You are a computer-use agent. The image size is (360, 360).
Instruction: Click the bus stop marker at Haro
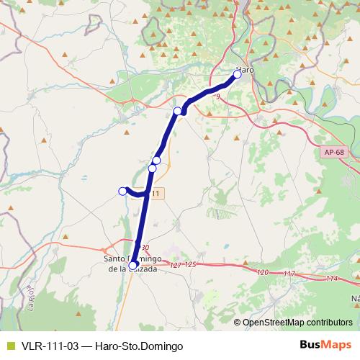(x=238, y=73)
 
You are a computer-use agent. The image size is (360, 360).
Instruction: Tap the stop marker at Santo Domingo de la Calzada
(x=133, y=265)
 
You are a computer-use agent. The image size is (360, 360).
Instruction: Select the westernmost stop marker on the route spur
(x=122, y=190)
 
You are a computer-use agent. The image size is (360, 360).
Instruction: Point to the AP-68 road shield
(x=333, y=151)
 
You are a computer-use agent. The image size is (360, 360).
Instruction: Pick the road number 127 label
(x=176, y=265)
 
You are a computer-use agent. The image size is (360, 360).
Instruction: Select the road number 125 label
(x=189, y=266)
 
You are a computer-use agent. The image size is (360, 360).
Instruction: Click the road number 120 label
(x=262, y=272)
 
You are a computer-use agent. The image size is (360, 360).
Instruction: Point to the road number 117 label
(x=289, y=274)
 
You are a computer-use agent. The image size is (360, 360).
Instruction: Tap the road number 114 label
(x=331, y=278)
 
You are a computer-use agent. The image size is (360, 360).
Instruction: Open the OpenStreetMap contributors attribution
(x=298, y=323)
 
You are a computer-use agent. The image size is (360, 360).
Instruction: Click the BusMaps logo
(x=325, y=346)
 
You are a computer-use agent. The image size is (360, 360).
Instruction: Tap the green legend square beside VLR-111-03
(x=9, y=346)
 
